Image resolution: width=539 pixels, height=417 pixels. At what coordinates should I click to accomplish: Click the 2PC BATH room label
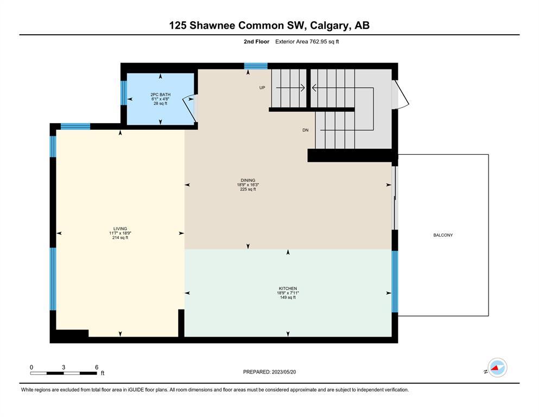160,94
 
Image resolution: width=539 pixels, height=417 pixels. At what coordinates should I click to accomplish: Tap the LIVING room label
120,229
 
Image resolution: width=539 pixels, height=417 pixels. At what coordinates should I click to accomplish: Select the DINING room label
248,180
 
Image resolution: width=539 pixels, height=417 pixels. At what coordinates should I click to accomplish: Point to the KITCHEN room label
288,288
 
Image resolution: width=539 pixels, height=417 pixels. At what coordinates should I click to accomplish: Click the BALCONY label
443,235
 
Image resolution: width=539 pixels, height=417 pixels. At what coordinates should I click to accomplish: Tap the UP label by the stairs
262,87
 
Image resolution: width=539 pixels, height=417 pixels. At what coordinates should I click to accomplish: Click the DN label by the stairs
305,130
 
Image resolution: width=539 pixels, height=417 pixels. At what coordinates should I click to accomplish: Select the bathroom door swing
189,109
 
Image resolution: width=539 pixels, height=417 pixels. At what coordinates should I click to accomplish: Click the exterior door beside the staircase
400,94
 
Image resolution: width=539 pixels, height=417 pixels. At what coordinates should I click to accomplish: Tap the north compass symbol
497,368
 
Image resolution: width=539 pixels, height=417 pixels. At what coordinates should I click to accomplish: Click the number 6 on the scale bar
97,367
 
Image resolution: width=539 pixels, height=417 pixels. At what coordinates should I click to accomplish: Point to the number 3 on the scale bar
64,367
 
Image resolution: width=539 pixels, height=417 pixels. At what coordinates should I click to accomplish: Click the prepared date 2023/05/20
283,372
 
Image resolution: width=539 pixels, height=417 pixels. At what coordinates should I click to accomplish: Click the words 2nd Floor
256,42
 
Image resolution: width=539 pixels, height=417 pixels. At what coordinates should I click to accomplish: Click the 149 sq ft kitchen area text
288,298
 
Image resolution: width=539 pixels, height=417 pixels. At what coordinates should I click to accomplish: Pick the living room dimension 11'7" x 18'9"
120,233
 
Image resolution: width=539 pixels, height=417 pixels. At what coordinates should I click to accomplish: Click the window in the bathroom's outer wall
124,93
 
